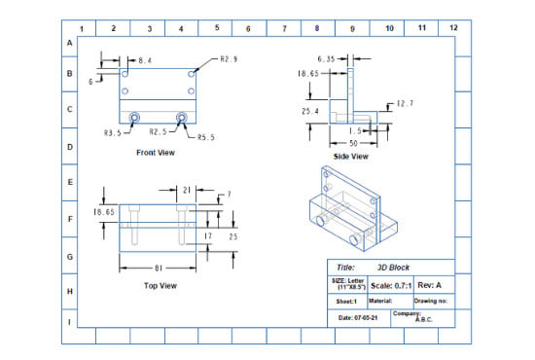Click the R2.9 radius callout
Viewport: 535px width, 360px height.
point(229,60)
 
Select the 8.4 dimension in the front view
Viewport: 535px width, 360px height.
point(144,60)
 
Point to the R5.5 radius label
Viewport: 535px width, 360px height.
point(205,137)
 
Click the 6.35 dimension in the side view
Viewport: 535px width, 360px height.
point(326,59)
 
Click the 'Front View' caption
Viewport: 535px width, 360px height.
point(157,153)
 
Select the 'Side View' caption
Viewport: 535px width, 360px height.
point(351,156)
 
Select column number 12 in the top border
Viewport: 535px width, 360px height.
point(452,28)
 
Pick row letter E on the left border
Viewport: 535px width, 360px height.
point(69,182)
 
